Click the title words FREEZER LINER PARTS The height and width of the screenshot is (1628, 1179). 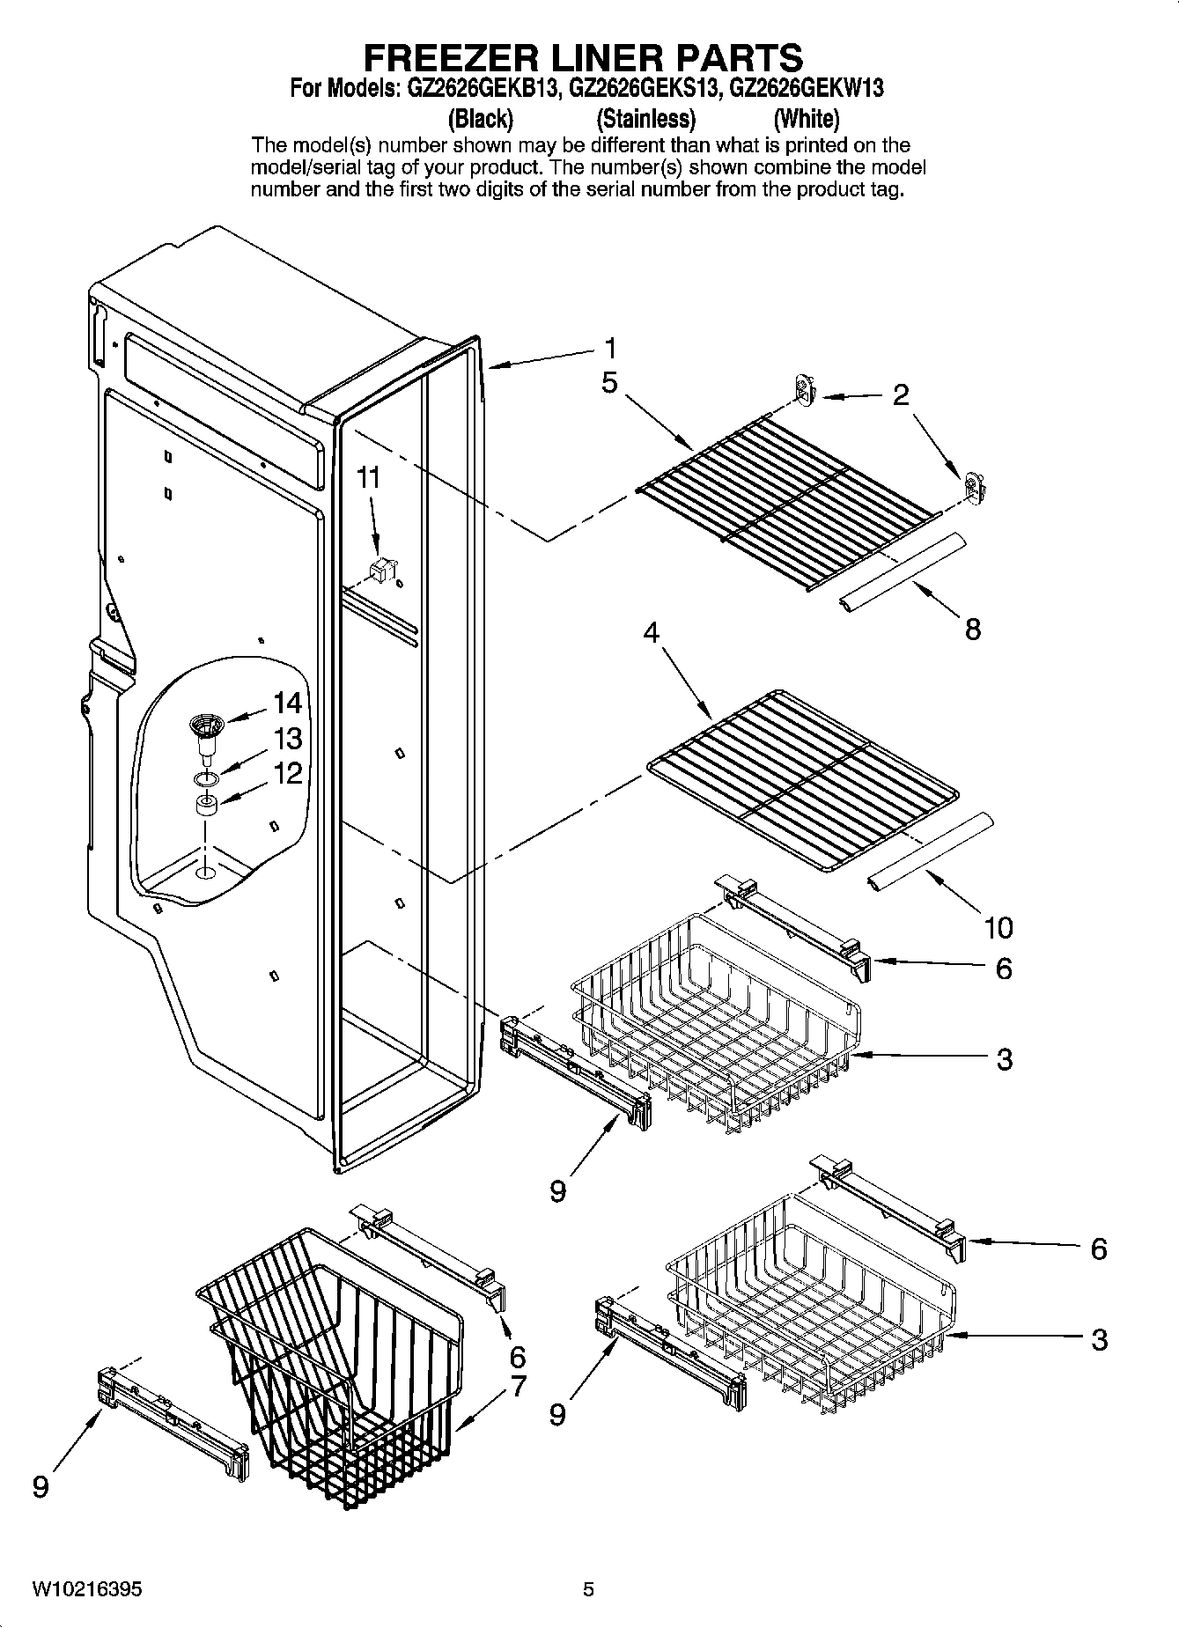click(x=583, y=57)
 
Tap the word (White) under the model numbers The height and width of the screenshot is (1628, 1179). click(x=806, y=118)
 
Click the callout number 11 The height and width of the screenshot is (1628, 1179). click(x=368, y=478)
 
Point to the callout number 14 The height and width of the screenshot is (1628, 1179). click(x=287, y=703)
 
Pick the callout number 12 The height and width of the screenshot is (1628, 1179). click(x=287, y=774)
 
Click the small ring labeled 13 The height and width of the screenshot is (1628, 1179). click(x=205, y=778)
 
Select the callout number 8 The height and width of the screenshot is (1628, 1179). click(x=972, y=629)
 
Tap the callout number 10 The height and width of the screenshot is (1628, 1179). click(x=998, y=926)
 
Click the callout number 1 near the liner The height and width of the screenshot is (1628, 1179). click(x=610, y=349)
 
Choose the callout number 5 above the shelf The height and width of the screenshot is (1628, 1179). click(x=610, y=384)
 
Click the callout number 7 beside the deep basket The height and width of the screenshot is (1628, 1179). click(x=517, y=1387)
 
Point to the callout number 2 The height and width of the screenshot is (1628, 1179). click(x=900, y=395)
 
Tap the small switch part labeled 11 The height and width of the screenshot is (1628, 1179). click(x=381, y=569)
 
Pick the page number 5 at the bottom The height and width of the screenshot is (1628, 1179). click(x=588, y=1589)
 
